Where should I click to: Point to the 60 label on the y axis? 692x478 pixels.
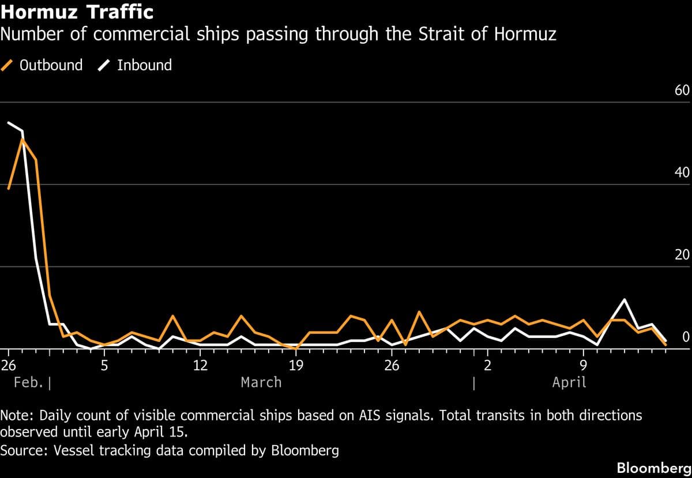tap(682, 91)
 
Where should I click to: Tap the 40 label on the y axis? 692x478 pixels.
tap(682, 173)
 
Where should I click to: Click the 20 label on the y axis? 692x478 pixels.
tap(682, 255)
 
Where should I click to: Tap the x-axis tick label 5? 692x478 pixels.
tap(104, 365)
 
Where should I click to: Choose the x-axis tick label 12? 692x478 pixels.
tap(200, 365)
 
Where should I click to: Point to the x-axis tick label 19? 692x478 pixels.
tap(295, 365)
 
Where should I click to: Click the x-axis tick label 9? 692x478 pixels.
tap(583, 365)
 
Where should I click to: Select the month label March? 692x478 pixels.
tap(261, 382)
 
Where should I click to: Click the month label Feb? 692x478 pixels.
tap(27, 382)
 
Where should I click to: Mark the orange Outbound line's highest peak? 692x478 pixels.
tap(22, 139)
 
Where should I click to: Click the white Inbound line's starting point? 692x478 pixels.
tap(8, 122)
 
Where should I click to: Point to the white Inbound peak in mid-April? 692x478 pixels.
tap(624, 300)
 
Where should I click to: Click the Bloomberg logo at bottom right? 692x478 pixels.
tap(654, 468)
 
